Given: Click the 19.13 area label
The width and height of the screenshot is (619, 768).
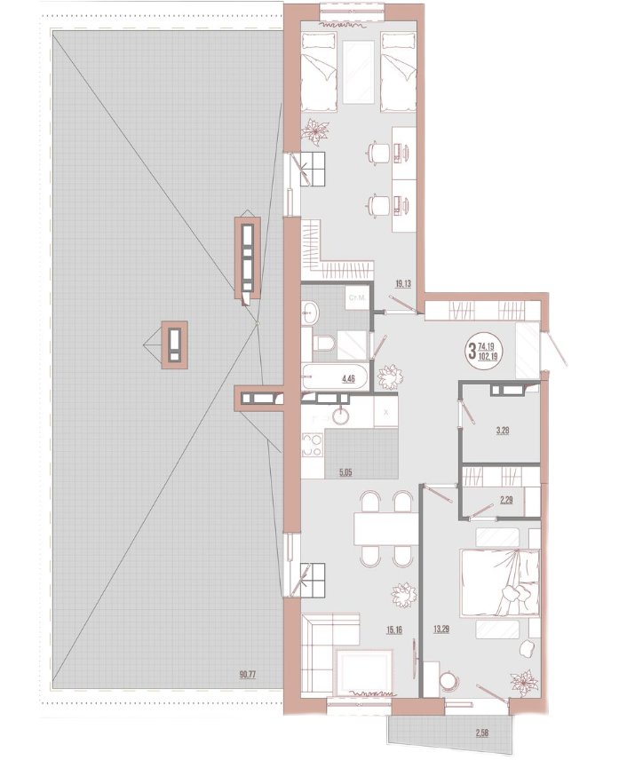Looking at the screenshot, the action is (403, 283).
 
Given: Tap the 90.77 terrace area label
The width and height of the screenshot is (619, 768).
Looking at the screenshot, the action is (248, 675).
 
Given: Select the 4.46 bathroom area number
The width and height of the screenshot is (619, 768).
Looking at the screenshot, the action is (348, 378).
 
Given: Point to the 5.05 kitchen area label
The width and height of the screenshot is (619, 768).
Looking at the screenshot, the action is (345, 472).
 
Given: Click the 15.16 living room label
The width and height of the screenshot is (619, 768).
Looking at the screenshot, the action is (394, 629).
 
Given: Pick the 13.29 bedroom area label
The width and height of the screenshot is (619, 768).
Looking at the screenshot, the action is (441, 629).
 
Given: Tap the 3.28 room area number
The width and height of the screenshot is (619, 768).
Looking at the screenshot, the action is (503, 431).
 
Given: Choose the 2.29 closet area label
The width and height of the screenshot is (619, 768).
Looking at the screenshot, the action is (506, 500).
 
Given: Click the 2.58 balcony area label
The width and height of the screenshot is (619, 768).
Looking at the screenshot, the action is (481, 733).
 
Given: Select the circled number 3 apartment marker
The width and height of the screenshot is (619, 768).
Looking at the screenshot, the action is (472, 351).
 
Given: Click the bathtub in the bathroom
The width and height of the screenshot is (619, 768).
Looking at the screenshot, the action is (334, 376).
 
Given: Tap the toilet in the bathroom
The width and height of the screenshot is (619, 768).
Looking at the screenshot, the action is (323, 343).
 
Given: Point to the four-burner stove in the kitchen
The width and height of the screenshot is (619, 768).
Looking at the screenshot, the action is (313, 444).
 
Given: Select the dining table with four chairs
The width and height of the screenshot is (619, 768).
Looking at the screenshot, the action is (385, 528).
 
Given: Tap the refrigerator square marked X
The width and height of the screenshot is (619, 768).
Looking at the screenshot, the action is (385, 412).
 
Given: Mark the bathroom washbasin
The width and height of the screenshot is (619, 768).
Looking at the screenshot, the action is (310, 313).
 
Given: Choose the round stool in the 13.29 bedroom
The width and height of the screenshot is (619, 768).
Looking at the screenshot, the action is (448, 681).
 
